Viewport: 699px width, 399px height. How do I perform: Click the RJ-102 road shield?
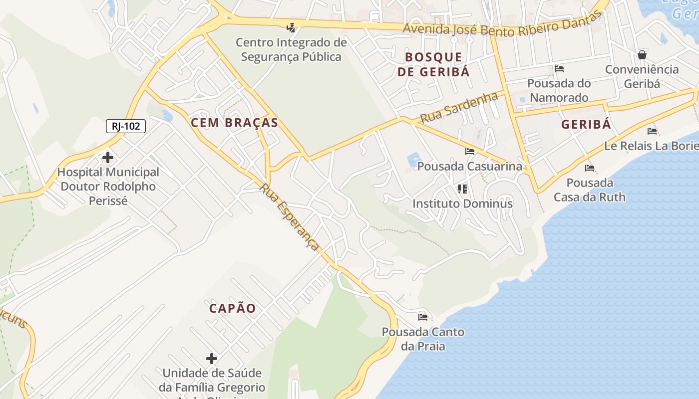click(125, 126)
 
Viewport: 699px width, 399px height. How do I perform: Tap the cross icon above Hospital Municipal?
click(107, 158)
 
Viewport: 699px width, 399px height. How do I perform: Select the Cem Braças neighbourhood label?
click(234, 123)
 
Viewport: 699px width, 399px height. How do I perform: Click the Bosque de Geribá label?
click(433, 64)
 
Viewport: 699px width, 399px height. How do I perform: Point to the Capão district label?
click(232, 308)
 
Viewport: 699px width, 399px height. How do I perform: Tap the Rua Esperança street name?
click(290, 217)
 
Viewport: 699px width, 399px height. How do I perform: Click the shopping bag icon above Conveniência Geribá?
click(642, 54)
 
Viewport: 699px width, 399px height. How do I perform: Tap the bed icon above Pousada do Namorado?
click(559, 68)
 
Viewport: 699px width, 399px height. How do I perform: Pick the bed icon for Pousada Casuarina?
click(469, 151)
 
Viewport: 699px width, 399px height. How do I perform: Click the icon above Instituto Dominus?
click(462, 189)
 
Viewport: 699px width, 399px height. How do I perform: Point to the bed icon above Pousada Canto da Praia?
click(423, 317)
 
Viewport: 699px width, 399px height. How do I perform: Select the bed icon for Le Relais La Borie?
click(652, 131)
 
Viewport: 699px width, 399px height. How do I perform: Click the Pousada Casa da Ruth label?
click(589, 190)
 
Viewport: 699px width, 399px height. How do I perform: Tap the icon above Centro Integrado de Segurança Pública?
click(291, 28)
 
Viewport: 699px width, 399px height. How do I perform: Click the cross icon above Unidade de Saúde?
click(212, 358)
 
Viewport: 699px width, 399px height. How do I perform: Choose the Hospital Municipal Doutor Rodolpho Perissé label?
click(108, 187)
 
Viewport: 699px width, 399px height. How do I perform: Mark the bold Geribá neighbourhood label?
click(586, 125)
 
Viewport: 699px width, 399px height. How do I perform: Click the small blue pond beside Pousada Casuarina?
click(414, 160)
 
